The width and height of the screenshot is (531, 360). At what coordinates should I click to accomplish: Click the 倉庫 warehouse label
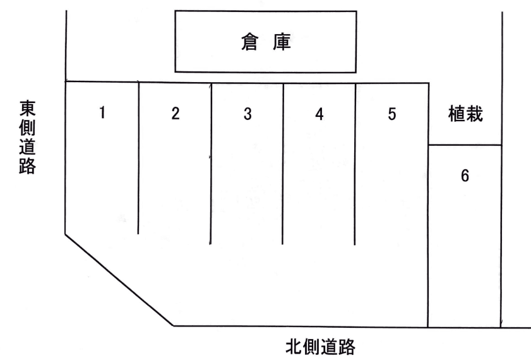(266, 42)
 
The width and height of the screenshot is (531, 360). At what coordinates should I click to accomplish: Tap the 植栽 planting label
(465, 114)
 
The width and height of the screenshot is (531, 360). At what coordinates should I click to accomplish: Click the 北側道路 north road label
(320, 346)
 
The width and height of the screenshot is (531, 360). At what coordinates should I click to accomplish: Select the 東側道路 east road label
(27, 137)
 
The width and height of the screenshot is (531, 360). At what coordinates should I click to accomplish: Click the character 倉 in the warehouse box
(249, 42)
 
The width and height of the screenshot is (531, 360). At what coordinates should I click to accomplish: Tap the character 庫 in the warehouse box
(282, 42)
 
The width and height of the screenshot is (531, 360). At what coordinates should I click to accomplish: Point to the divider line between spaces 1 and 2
(138, 158)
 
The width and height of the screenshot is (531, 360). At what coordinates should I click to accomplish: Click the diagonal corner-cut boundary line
(119, 280)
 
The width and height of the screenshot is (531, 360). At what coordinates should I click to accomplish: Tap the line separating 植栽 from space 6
(465, 145)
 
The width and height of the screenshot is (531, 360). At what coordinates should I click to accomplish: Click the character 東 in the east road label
(27, 108)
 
